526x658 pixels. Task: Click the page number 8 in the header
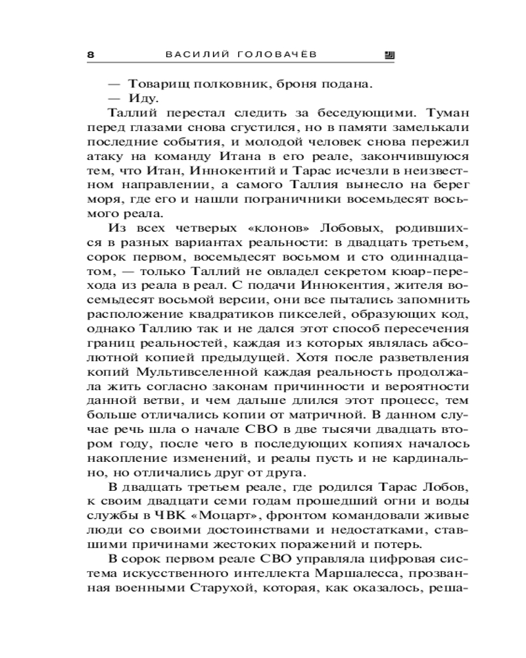click(90, 55)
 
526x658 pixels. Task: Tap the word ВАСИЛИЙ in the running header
click(195, 55)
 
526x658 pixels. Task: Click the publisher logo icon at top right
click(389, 55)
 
